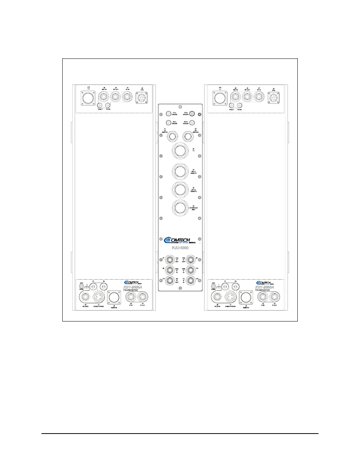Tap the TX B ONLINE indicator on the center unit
click(192, 113)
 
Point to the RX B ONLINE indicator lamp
click(192, 122)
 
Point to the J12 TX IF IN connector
click(190, 280)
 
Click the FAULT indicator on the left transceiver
click(100, 106)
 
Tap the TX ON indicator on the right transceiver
click(240, 106)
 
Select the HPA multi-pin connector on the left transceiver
click(141, 98)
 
